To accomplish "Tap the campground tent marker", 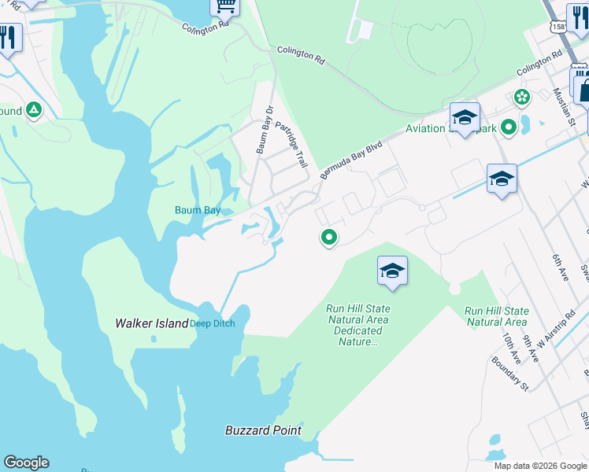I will tap(34, 110).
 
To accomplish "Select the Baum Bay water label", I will tap(197, 210).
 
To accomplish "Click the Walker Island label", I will tap(152, 323).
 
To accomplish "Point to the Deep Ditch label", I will tap(212, 323).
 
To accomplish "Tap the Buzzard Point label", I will tap(263, 430).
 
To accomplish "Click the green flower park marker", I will tap(521, 98).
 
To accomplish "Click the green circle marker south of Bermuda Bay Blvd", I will tap(328, 236).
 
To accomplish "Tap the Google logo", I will tap(26, 463).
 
